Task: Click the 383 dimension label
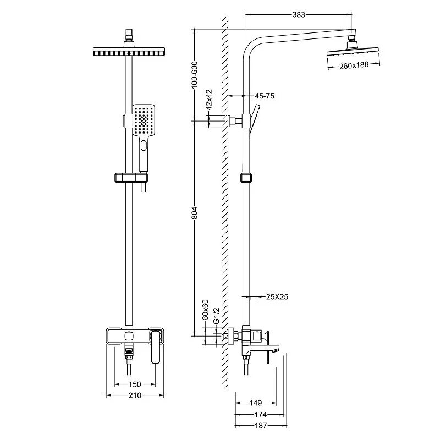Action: [299, 15]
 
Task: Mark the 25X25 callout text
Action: [277, 297]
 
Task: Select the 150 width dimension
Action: [135, 384]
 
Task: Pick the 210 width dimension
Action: [135, 395]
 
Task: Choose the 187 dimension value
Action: [260, 425]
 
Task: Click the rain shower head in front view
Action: [130, 52]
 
